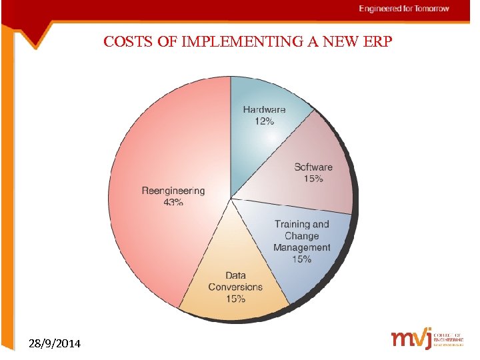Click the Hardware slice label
point(264,109)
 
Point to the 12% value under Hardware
point(264,121)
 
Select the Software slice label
point(313,167)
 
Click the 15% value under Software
point(313,179)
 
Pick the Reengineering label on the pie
point(173,191)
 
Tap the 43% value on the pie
point(173,203)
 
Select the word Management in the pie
point(301,247)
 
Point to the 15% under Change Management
point(301,259)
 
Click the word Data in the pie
point(235,275)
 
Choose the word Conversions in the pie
point(235,287)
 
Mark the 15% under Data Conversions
point(235,299)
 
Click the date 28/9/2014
point(56,344)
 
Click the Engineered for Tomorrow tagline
point(404,9)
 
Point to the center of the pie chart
point(231,198)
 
